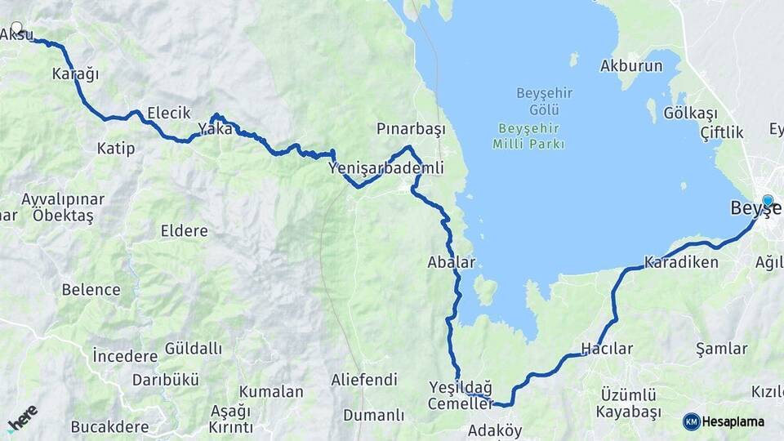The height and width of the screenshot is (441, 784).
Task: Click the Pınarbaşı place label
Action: coord(410,130)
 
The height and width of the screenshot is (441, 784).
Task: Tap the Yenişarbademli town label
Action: coord(385,168)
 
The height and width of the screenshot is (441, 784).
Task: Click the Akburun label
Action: coord(631,66)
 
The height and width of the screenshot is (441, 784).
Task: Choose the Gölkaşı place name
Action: coord(690,113)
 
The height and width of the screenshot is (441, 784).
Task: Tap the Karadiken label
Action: coord(680,263)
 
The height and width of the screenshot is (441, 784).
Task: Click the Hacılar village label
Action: coord(606,349)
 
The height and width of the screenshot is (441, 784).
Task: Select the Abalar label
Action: coord(451,262)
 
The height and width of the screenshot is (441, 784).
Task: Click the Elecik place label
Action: coord(168,113)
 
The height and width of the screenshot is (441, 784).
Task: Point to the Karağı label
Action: coord(75,74)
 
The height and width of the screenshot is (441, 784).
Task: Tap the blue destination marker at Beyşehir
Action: coord(767,200)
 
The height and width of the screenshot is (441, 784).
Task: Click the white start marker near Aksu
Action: coord(16,28)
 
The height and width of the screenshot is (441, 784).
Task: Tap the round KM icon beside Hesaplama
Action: coord(691,421)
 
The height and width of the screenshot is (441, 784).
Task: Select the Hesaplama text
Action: coord(733,421)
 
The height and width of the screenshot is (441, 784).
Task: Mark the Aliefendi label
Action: coord(364,380)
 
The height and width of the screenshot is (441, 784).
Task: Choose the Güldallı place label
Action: coord(194,349)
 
